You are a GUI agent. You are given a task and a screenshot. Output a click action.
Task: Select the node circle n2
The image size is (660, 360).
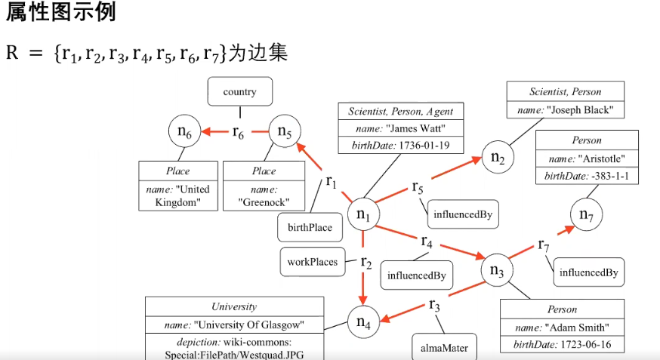pos(498,156)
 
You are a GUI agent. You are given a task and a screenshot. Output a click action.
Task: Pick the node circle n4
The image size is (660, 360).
pos(363,324)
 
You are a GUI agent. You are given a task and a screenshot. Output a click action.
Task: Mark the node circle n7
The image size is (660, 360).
pos(586,214)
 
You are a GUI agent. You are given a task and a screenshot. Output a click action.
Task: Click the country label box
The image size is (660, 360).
pos(239,92)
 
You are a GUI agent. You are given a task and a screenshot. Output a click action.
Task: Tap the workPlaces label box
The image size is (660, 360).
pos(312,262)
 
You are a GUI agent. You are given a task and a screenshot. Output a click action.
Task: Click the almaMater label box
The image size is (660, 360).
pos(444,348)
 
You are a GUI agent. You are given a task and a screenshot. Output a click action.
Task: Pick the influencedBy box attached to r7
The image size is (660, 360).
pos(589,272)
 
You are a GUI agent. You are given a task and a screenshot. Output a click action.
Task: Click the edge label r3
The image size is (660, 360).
pos(434,306)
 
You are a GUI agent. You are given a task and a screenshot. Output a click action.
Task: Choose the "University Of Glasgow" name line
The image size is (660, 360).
pos(234,325)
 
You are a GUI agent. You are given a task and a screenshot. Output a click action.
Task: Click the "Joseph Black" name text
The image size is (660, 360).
pos(566,110)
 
